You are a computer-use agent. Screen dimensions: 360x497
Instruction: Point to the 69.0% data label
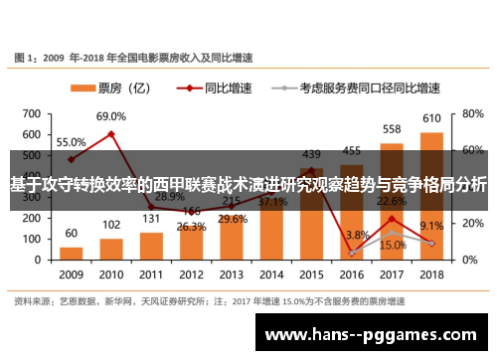coord(110,116)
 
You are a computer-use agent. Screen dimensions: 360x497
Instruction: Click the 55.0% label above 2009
coord(70,141)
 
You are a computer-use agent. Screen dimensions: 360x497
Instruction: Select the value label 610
coord(431,119)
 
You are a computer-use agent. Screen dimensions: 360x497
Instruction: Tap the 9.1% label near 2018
coord(432,226)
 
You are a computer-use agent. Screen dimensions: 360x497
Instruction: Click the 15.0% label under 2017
coord(392,245)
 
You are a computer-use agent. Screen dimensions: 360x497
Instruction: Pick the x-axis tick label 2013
coord(231,274)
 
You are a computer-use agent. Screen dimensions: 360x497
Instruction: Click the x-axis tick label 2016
coord(351,274)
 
